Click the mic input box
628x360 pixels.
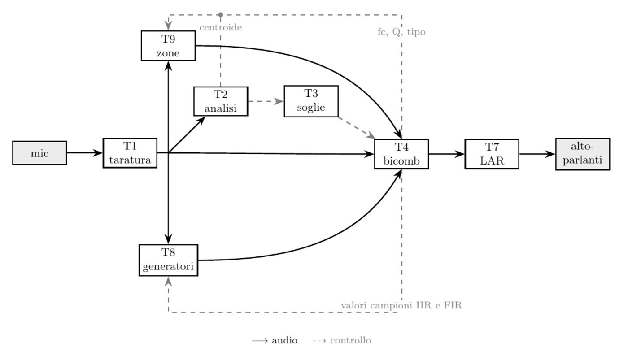click(39, 153)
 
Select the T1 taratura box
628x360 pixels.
click(130, 153)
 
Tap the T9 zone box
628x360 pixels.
click(168, 46)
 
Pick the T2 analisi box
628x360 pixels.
click(221, 101)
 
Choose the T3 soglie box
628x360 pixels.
click(311, 101)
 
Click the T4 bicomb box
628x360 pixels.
click(401, 154)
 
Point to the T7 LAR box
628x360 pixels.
click(492, 154)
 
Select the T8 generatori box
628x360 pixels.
click(169, 260)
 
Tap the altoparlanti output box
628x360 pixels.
click(583, 154)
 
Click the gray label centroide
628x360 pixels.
click(221, 27)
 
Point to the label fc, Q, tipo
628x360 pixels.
click(401, 32)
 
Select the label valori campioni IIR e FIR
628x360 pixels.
click(401, 305)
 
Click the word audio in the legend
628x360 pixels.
click(284, 340)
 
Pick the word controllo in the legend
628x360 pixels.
click(350, 340)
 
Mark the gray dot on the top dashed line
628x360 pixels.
click(221, 14)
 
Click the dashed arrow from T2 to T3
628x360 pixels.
click(266, 101)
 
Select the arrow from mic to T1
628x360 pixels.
click(85, 153)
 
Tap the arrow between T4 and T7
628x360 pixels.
click(447, 154)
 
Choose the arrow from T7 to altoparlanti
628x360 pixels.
click(537, 154)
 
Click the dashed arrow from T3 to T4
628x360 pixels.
click(357, 128)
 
